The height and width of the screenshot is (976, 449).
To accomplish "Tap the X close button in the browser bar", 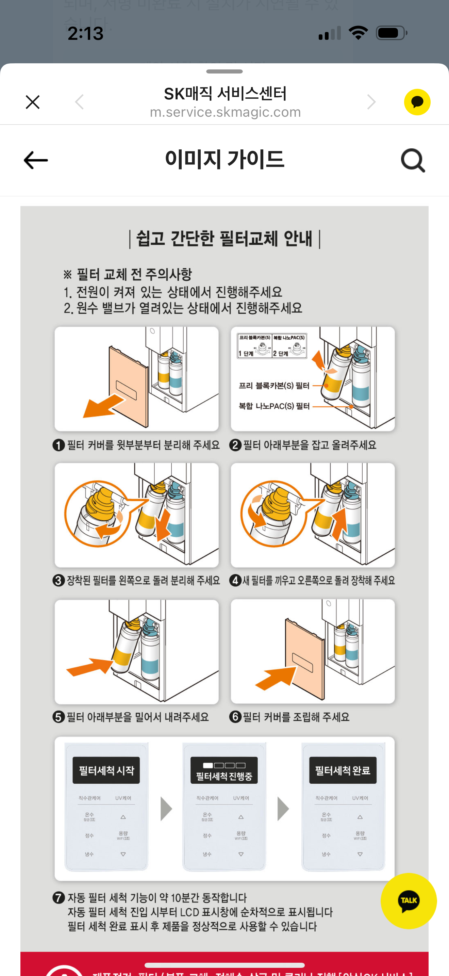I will (33, 102).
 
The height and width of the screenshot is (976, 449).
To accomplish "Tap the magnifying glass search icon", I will (413, 161).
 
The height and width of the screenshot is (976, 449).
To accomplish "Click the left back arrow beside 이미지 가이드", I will (36, 160).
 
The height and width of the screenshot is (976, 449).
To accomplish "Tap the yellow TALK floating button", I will (409, 900).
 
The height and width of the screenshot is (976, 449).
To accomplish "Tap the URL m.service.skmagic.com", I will (225, 113).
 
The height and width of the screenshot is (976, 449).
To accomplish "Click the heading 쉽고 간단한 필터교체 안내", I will (224, 239).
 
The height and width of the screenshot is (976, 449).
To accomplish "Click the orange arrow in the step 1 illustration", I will (103, 406).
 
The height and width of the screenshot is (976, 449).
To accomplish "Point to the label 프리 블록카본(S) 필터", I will (274, 386).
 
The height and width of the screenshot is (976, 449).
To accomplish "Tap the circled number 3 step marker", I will (59, 581).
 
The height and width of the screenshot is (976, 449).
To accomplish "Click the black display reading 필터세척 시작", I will (106, 770).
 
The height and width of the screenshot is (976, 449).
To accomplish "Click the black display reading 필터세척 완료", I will (343, 770).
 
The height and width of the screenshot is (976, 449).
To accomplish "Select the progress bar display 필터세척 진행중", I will (224, 770).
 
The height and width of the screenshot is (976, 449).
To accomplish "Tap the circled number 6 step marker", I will (235, 717).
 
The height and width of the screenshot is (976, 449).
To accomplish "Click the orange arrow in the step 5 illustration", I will (90, 667).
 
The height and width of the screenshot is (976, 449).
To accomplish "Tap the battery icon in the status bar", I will (391, 33).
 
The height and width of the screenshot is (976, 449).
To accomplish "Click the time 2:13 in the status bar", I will (86, 33).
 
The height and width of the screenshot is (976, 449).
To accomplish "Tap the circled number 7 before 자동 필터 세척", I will (59, 898).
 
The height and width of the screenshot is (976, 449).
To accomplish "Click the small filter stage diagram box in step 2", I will (272, 345).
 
